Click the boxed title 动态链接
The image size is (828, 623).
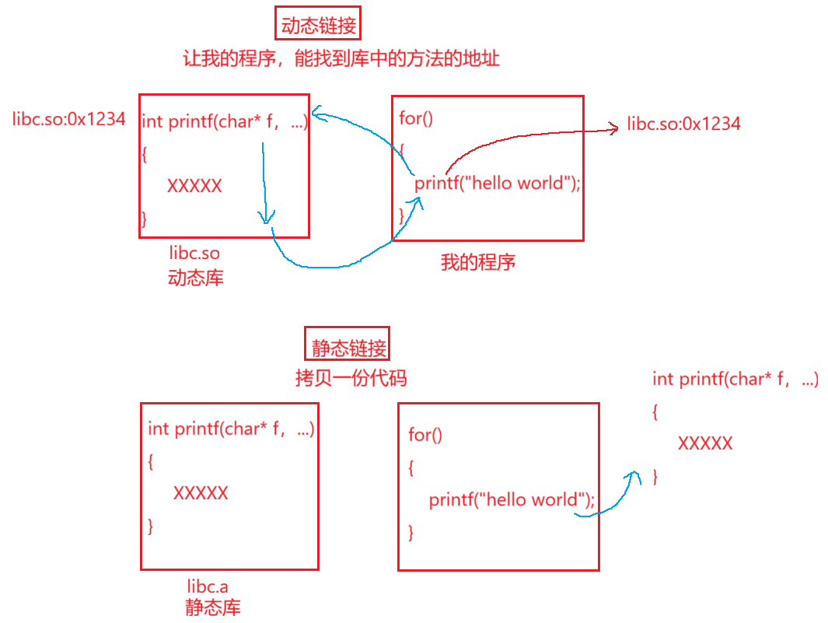[319, 26]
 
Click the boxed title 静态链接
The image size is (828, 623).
[346, 347]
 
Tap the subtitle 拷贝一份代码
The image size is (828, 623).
[351, 379]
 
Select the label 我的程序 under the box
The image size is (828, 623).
[477, 262]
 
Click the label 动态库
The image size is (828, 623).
[195, 278]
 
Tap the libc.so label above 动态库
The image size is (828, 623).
[194, 254]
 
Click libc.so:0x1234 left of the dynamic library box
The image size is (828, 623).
[69, 120]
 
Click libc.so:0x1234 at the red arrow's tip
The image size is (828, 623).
[684, 124]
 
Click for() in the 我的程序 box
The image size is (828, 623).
[416, 118]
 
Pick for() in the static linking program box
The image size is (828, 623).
[425, 435]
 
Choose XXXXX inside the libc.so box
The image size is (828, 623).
[194, 186]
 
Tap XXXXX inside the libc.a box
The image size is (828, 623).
[201, 493]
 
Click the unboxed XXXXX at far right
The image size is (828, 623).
[705, 443]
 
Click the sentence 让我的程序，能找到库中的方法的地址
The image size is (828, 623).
[341, 59]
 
